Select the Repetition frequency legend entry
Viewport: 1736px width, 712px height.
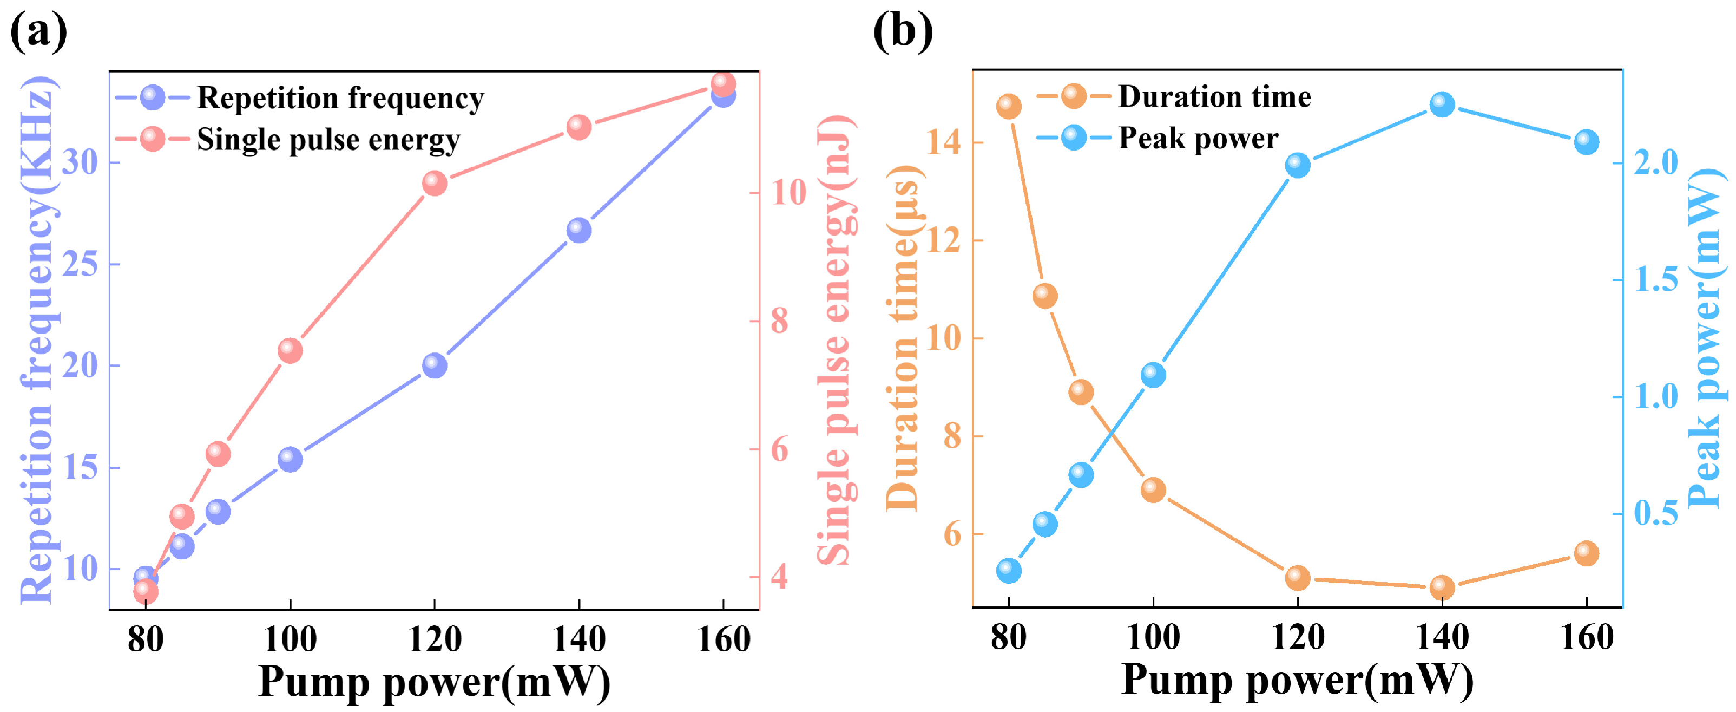(x=340, y=99)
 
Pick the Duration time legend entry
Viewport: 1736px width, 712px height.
(x=1214, y=97)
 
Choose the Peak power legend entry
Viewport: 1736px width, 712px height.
(x=1198, y=138)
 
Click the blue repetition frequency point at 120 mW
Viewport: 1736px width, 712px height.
(x=435, y=365)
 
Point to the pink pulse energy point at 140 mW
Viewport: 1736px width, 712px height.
(x=579, y=127)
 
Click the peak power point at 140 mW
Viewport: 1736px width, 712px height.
(x=1442, y=104)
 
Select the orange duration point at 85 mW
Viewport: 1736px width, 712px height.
(x=1044, y=295)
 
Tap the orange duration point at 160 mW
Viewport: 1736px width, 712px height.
(x=1587, y=553)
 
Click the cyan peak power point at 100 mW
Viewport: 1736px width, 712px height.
(x=1153, y=375)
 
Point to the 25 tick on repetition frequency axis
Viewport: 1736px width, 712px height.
(x=80, y=264)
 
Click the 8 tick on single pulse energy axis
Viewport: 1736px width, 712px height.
(x=780, y=321)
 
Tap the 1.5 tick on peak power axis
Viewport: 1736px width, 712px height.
(x=1656, y=280)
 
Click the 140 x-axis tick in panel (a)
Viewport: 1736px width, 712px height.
(x=579, y=639)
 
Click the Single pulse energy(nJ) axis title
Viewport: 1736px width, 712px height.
(x=835, y=341)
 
